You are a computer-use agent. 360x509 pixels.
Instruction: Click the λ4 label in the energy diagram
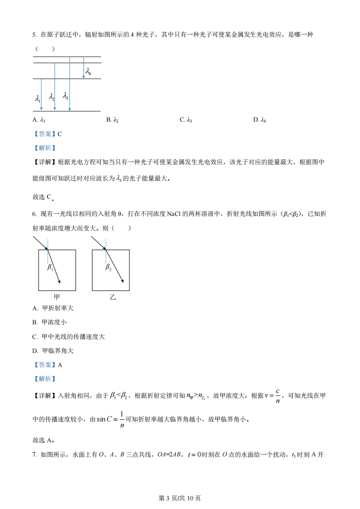pyautogui.click(x=89, y=72)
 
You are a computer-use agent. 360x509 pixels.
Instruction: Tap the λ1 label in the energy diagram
pyautogui.click(x=38, y=98)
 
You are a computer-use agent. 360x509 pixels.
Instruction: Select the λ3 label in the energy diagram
pyautogui.click(x=66, y=96)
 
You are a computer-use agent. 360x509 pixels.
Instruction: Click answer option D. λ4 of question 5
pyautogui.click(x=259, y=120)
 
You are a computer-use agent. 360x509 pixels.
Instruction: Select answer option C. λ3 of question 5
pyautogui.click(x=186, y=120)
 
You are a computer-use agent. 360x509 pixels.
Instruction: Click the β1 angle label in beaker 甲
pyautogui.click(x=50, y=268)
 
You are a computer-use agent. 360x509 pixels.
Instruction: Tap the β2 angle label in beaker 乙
pyautogui.click(x=108, y=268)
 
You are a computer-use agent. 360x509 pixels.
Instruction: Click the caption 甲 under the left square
pyautogui.click(x=57, y=297)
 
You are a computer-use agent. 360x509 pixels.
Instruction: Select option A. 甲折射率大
pyautogui.click(x=53, y=308)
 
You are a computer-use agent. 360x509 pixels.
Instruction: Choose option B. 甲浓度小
pyautogui.click(x=49, y=322)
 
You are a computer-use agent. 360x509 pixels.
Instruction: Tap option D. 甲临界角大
pyautogui.click(x=53, y=351)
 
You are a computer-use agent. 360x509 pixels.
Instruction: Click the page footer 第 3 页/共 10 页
pyautogui.click(x=180, y=498)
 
